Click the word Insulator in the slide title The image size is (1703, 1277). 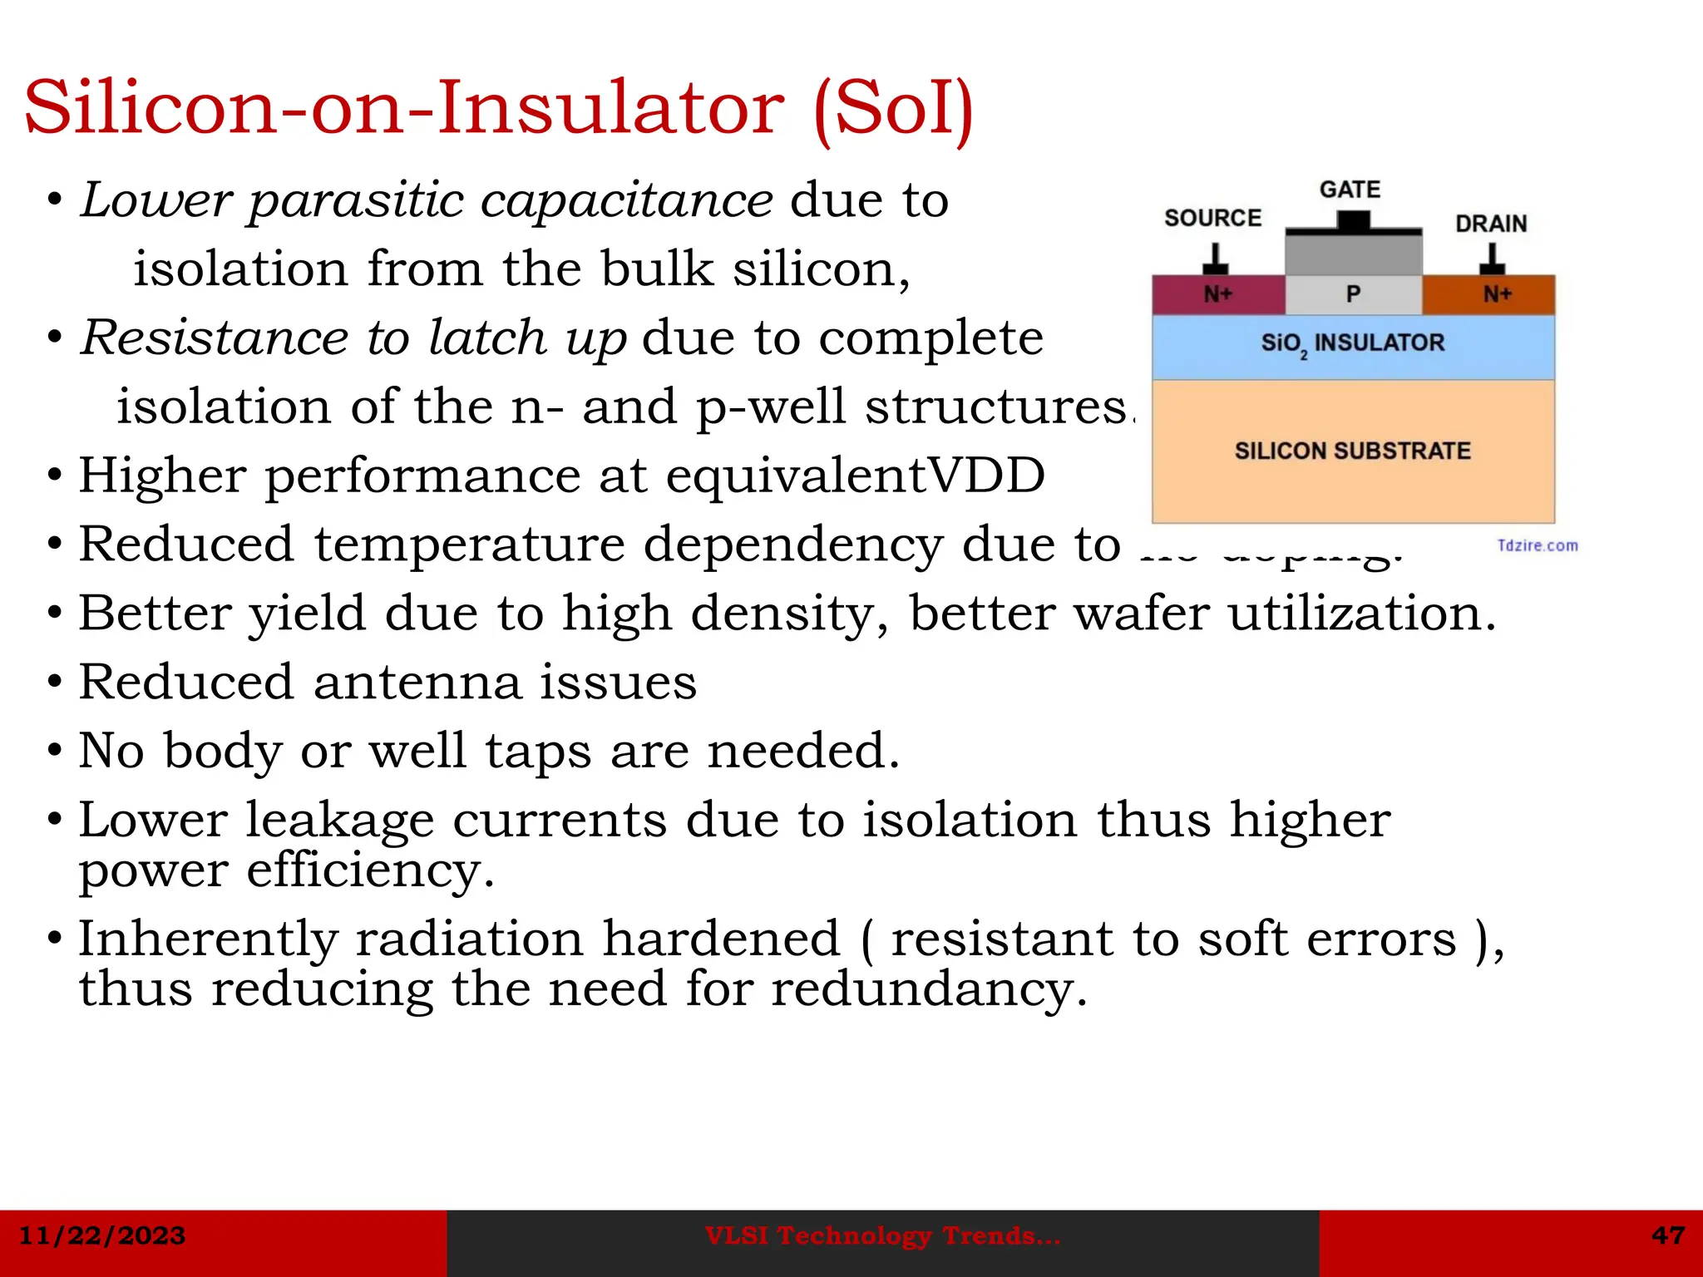tap(610, 108)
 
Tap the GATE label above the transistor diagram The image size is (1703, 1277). tap(1350, 190)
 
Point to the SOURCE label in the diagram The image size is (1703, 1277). tap(1212, 218)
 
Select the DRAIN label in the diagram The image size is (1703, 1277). tap(1491, 224)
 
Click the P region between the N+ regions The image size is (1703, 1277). tap(1353, 294)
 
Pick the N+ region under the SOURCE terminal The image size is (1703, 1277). tap(1218, 294)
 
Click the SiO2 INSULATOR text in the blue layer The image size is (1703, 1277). tap(1352, 343)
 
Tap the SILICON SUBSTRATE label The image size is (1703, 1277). tap(1352, 451)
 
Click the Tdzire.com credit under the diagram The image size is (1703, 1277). tap(1537, 545)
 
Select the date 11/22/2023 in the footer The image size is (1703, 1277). tap(102, 1235)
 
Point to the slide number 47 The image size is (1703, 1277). tap(1668, 1235)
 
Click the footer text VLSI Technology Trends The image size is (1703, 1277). tap(882, 1236)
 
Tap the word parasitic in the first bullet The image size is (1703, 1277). tap(356, 201)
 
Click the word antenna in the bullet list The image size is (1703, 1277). tap(417, 683)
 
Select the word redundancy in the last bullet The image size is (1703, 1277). tap(928, 989)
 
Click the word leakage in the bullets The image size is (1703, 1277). tap(339, 821)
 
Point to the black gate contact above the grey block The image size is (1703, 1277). tap(1353, 223)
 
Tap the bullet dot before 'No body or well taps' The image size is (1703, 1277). tap(55, 751)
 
